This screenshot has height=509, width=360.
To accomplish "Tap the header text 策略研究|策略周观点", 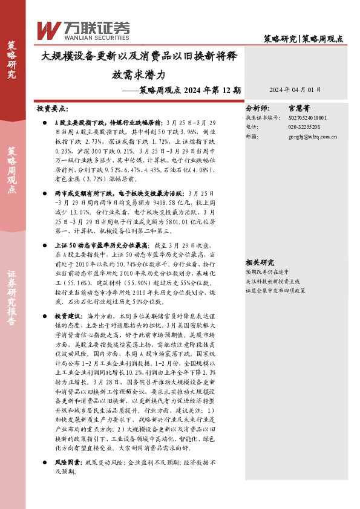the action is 307,39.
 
